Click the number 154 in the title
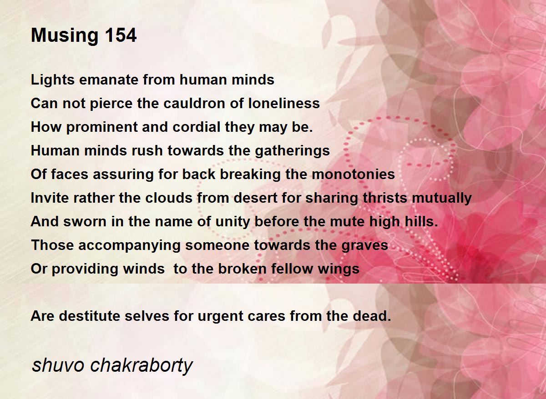[121, 35]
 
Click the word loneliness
[284, 103]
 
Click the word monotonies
[353, 175]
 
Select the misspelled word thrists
[385, 198]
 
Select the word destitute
[90, 316]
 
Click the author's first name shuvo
[58, 365]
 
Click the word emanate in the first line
[108, 80]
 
